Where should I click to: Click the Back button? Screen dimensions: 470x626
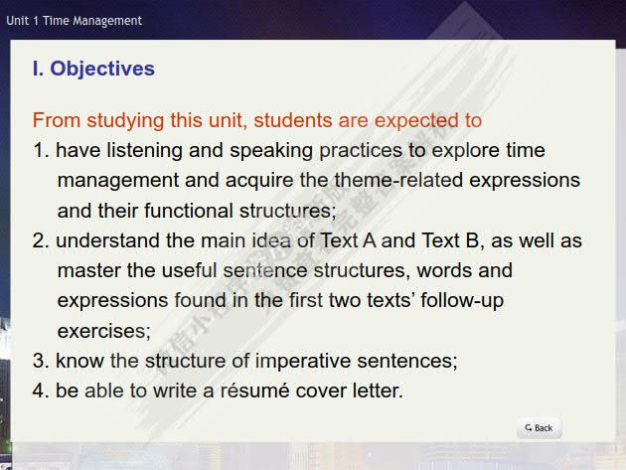(x=539, y=428)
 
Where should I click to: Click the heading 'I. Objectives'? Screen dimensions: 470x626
(x=93, y=69)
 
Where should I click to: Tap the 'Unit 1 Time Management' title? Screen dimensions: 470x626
(x=75, y=20)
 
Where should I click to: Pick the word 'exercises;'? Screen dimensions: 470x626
(x=103, y=331)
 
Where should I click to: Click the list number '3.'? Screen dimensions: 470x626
(x=41, y=361)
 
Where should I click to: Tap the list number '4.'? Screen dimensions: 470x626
(x=41, y=391)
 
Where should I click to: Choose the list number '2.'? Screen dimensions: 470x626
(x=41, y=241)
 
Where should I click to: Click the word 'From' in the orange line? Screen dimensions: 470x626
(x=55, y=121)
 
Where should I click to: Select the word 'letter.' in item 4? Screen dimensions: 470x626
(x=376, y=391)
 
